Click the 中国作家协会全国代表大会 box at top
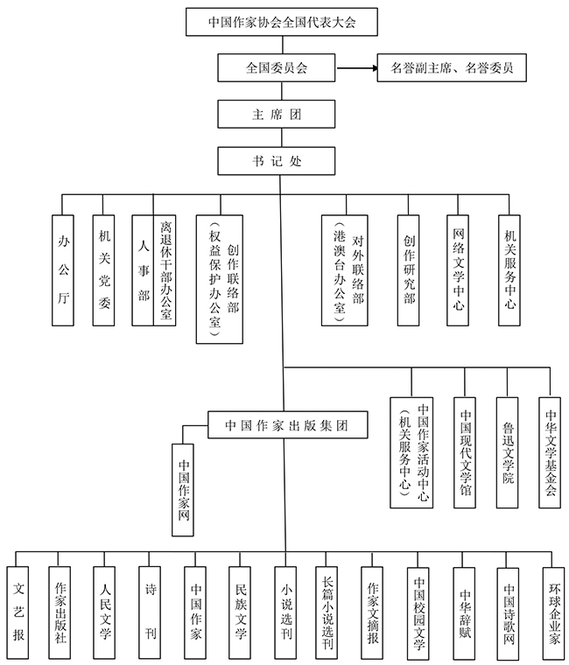click(x=281, y=21)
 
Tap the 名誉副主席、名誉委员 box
click(x=451, y=67)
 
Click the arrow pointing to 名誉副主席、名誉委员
click(x=354, y=67)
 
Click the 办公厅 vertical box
click(x=63, y=270)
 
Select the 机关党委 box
click(x=104, y=270)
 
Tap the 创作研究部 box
click(x=409, y=270)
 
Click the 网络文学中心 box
click(x=459, y=270)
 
